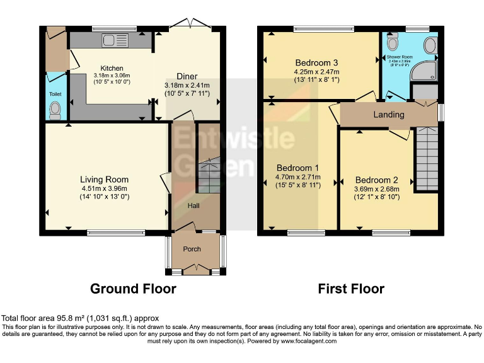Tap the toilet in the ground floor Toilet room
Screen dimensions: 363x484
coord(55,111)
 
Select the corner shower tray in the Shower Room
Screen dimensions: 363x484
coord(423,73)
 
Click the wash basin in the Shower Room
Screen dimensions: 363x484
coord(430,45)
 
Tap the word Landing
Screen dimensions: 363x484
coord(389,115)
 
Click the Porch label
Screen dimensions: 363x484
coord(192,249)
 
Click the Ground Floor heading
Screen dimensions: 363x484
coord(133,289)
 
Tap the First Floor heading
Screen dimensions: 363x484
coord(351,289)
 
